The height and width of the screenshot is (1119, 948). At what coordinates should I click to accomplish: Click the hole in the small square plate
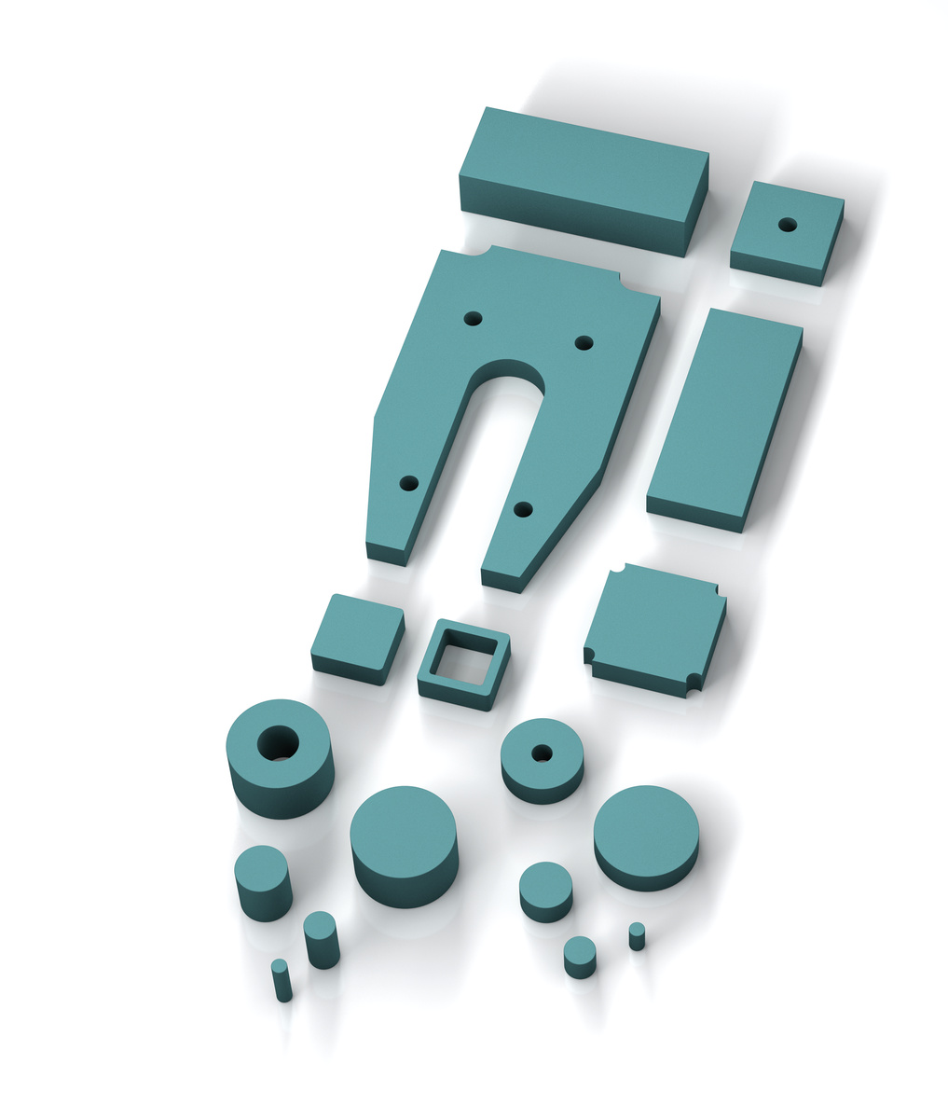click(788, 225)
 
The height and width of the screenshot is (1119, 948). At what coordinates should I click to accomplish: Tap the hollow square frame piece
click(462, 664)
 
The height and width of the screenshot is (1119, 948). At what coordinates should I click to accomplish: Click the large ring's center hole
click(278, 743)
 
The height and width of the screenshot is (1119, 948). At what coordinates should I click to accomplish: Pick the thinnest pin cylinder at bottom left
click(282, 980)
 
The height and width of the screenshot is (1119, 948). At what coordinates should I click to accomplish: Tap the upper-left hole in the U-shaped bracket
click(473, 318)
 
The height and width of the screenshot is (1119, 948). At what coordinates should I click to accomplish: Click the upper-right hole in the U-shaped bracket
click(584, 343)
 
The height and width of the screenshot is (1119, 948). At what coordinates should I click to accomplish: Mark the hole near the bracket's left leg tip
click(408, 483)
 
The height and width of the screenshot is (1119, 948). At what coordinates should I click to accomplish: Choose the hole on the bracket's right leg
click(523, 509)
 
